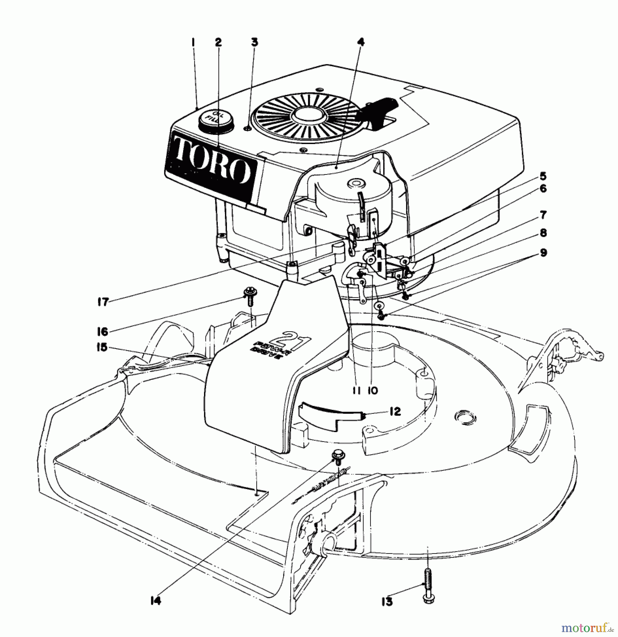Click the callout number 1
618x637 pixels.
pyautogui.click(x=193, y=42)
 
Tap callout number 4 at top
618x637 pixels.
pyautogui.click(x=360, y=42)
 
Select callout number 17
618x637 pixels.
pyautogui.click(x=103, y=302)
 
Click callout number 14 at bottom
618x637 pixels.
pyautogui.click(x=156, y=601)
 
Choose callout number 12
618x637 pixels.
pyautogui.click(x=395, y=411)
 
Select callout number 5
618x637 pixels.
pyautogui.click(x=543, y=176)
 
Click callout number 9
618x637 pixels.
pyautogui.click(x=543, y=253)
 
